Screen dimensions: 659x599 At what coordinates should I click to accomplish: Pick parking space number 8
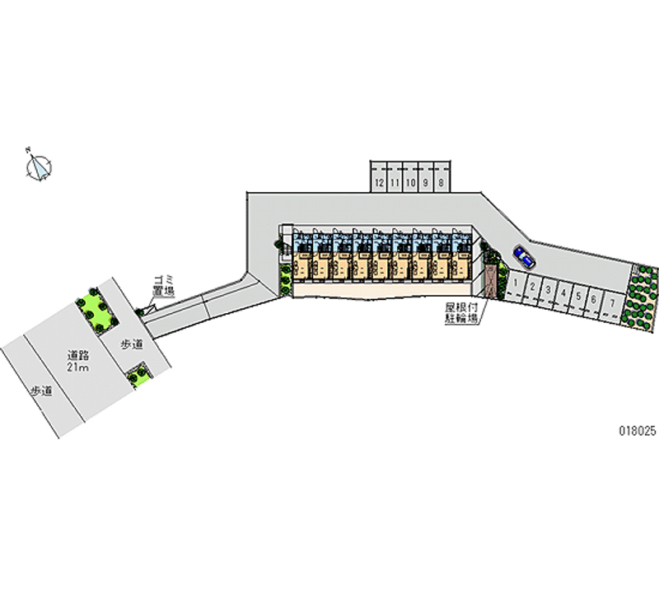tap(442, 181)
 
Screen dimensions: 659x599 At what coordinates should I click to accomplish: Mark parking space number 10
tap(410, 181)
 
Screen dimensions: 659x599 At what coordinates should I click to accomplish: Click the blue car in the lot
tap(523, 257)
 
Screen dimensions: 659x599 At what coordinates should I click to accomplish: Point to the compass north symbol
tap(39, 167)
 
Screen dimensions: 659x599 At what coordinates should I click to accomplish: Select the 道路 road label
tap(79, 356)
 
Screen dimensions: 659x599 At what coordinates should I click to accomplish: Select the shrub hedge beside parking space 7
tap(643, 295)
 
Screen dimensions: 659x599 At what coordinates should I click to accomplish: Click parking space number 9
tap(426, 181)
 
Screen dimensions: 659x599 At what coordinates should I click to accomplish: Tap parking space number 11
tap(395, 181)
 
